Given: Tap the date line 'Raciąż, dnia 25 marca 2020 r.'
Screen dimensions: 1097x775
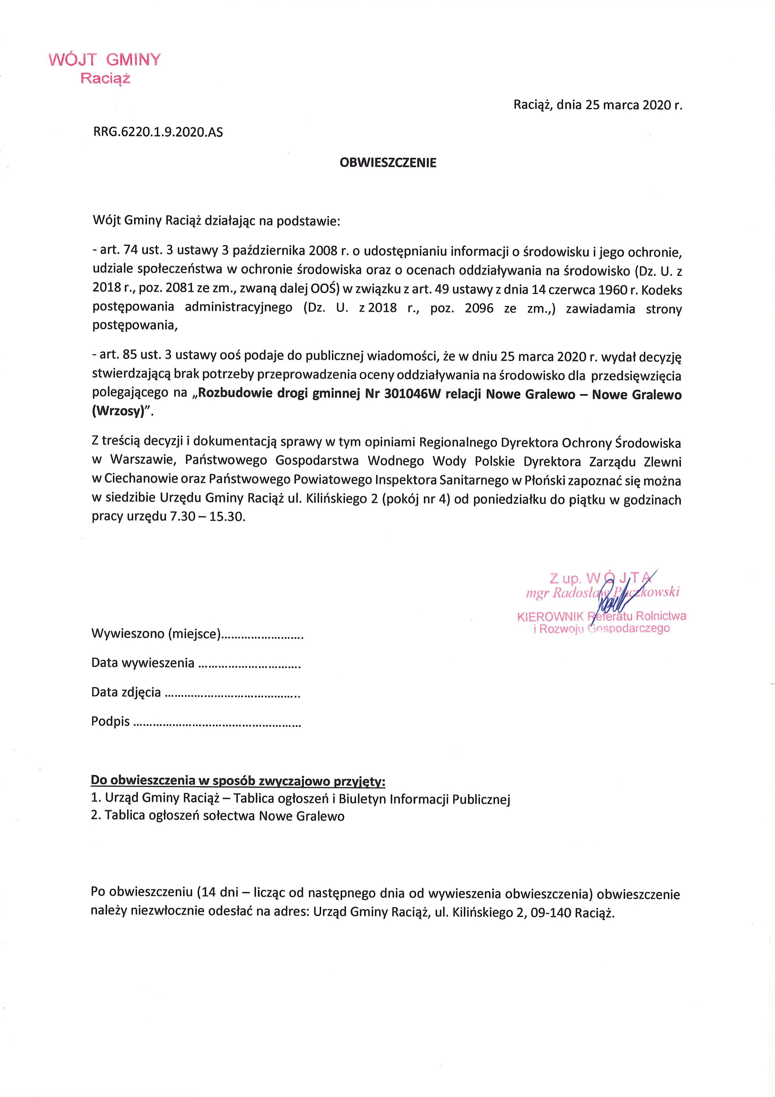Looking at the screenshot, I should [597, 105].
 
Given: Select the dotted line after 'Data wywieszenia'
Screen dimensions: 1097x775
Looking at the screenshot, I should [248, 664].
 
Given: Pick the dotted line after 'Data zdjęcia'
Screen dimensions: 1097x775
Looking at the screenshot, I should [232, 693].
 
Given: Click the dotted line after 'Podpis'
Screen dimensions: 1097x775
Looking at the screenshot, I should [216, 722].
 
